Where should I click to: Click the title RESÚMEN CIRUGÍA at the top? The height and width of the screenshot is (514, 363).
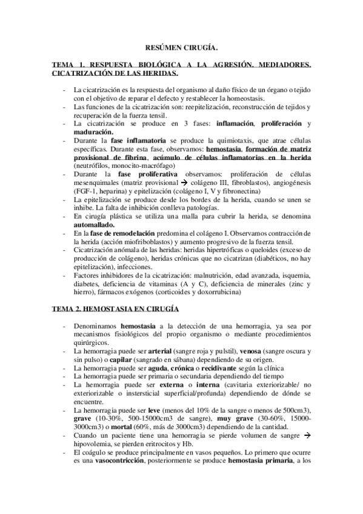coord(181,45)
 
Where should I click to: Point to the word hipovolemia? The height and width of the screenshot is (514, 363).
coord(96,444)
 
